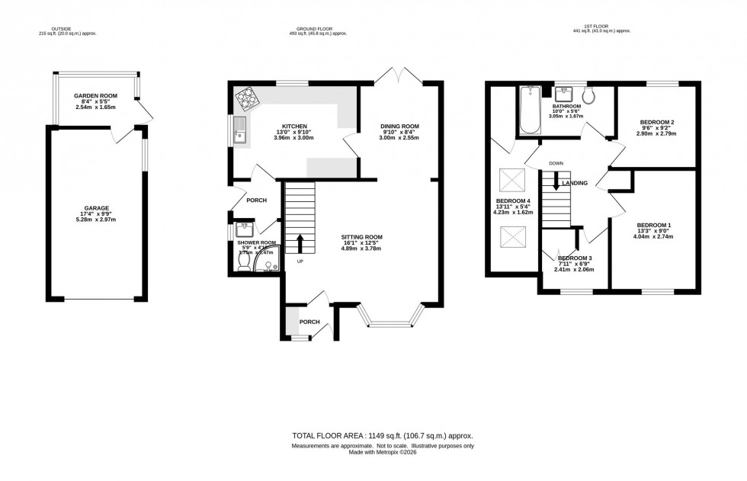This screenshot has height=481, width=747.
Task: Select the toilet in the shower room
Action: [x=244, y=261]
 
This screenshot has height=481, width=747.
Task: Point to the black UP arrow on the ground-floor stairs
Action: [x=299, y=244]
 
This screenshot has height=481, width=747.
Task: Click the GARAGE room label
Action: [x=97, y=208]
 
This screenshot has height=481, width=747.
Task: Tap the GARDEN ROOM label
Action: [x=95, y=96]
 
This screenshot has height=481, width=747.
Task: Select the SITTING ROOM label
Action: [x=361, y=237]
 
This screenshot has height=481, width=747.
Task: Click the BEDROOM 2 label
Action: [x=656, y=122]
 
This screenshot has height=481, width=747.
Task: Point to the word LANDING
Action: [x=575, y=184]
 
